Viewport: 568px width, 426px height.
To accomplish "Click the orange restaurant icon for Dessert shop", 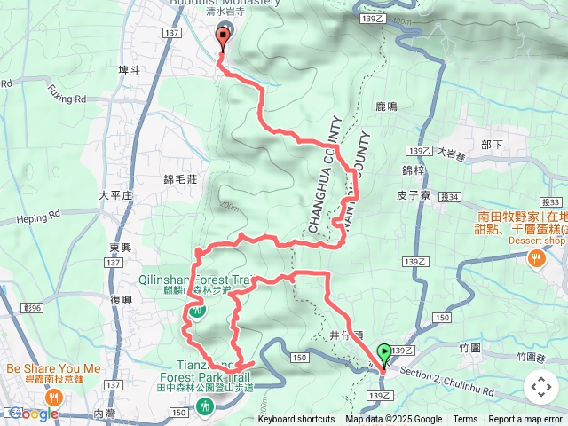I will [x=537, y=258].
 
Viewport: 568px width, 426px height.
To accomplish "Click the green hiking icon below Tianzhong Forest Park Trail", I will [x=206, y=406].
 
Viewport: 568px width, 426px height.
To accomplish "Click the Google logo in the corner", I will [x=33, y=414].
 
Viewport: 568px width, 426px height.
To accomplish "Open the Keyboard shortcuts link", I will [x=296, y=420].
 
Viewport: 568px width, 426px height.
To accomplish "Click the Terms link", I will [x=465, y=420].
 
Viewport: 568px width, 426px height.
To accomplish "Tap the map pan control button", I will [x=540, y=387].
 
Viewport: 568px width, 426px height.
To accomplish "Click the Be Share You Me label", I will [x=53, y=368].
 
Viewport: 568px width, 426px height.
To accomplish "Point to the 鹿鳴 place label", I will [x=386, y=106].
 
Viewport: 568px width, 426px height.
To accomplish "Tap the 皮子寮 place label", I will [x=414, y=194].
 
